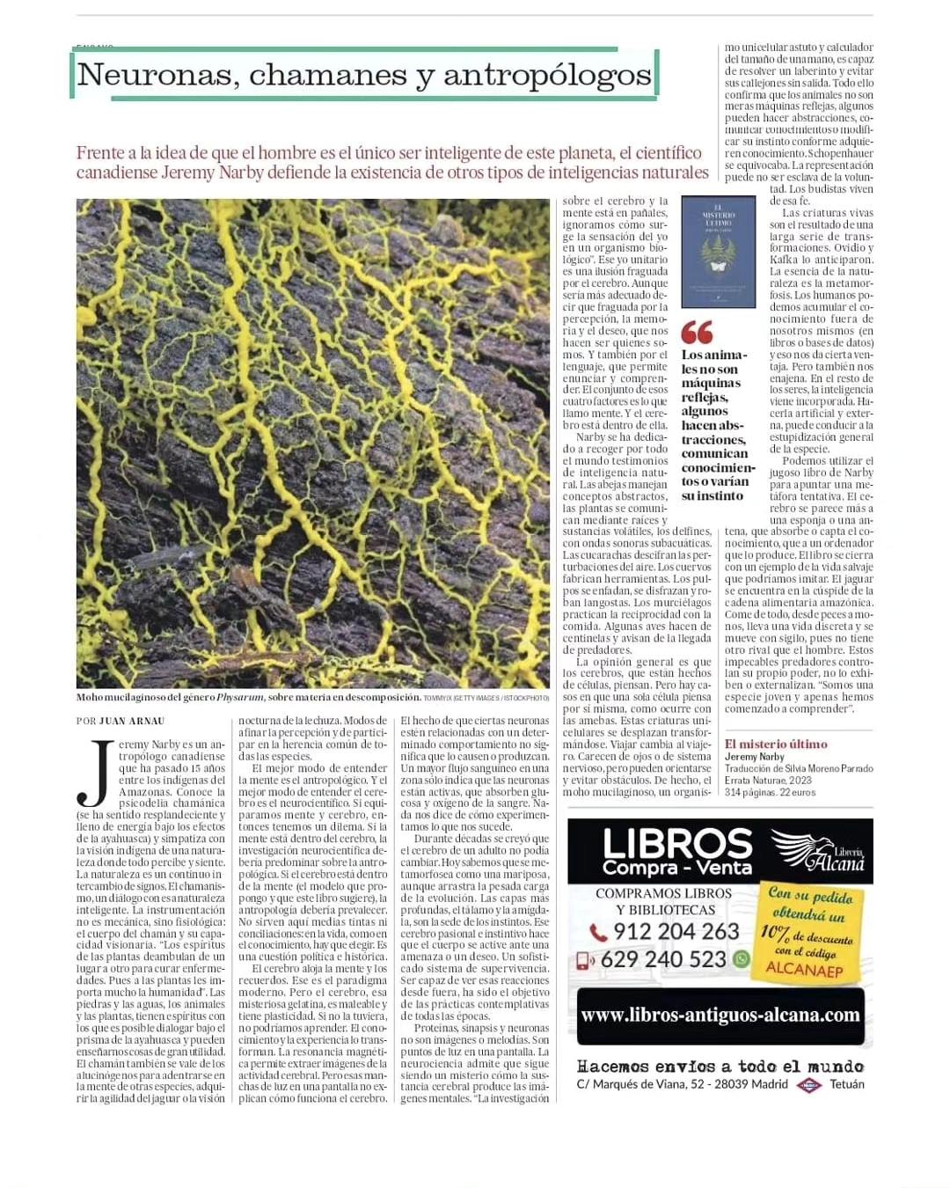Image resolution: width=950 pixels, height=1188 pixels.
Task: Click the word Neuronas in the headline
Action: tap(156, 76)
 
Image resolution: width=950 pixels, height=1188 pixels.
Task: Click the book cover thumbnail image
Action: tap(719, 252)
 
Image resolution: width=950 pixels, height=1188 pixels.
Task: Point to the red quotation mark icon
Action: tap(697, 333)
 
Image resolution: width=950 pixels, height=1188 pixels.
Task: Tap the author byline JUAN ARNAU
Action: tap(132, 721)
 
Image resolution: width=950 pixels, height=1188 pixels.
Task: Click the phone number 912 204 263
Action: tap(676, 931)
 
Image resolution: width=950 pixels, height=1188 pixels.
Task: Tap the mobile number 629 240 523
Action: tap(663, 959)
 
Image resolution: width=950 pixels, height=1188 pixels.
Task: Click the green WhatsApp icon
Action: tap(741, 958)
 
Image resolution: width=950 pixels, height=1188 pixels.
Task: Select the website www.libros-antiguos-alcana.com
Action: tap(720, 1015)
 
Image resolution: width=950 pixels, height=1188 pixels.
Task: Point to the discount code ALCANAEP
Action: tap(804, 971)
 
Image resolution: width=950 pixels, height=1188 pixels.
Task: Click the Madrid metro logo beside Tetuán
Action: tap(808, 1085)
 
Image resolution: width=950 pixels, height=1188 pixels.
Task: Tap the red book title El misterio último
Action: tap(776, 744)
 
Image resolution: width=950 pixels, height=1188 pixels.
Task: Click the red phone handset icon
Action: tap(598, 932)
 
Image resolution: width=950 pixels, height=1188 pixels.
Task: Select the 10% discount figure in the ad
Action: tap(775, 932)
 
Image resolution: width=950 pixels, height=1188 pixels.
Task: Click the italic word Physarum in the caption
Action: tap(240, 698)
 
